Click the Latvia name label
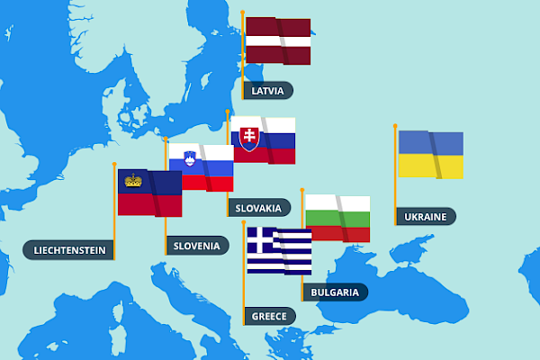[x=268, y=90]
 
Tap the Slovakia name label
[x=258, y=208]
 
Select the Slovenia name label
[x=196, y=245]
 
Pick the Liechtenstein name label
[x=69, y=250]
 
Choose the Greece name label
[x=268, y=316]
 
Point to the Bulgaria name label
[x=334, y=292]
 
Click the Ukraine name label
[x=425, y=216]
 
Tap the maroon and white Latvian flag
[x=278, y=41]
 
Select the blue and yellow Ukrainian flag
[x=431, y=155]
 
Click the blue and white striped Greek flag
[x=280, y=251]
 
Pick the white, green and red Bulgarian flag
[x=337, y=219]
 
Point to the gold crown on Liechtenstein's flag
[x=133, y=180]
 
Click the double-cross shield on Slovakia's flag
[x=248, y=139]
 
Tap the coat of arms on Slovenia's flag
[x=190, y=158]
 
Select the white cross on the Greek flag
[x=261, y=239]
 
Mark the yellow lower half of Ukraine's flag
[x=431, y=166]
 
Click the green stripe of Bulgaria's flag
[x=337, y=219]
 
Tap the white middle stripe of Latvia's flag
[x=278, y=41]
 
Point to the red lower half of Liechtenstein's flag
[x=149, y=205]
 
